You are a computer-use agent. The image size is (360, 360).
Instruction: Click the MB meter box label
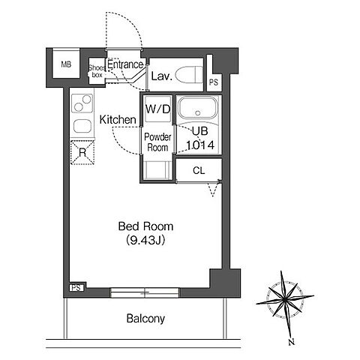[66, 64]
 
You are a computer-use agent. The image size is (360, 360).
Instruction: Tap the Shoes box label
[97, 71]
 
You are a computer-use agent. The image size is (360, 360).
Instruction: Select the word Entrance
[125, 64]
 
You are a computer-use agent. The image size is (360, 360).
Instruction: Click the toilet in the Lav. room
[189, 74]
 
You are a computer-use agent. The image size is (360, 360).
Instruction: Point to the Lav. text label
[162, 76]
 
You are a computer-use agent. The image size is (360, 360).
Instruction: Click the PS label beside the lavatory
[214, 82]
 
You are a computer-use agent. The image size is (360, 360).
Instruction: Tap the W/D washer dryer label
[157, 109]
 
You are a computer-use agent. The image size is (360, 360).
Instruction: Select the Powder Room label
[157, 142]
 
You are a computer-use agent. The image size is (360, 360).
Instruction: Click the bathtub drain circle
[198, 113]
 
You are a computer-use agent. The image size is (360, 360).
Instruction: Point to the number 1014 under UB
[200, 145]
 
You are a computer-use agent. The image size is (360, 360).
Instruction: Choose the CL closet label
[199, 171]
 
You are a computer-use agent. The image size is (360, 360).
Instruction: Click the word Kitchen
[118, 120]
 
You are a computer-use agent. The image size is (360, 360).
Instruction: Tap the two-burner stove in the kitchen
[82, 103]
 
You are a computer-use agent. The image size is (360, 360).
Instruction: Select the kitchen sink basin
[82, 126]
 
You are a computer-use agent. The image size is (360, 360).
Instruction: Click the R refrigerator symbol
[82, 152]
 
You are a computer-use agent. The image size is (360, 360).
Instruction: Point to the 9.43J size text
[145, 240]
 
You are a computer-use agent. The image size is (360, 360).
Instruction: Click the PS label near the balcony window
[76, 288]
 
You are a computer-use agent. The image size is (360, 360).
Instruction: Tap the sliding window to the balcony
[145, 292]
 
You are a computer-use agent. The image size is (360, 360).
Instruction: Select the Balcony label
[145, 319]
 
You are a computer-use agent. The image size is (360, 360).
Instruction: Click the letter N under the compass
[291, 342]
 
